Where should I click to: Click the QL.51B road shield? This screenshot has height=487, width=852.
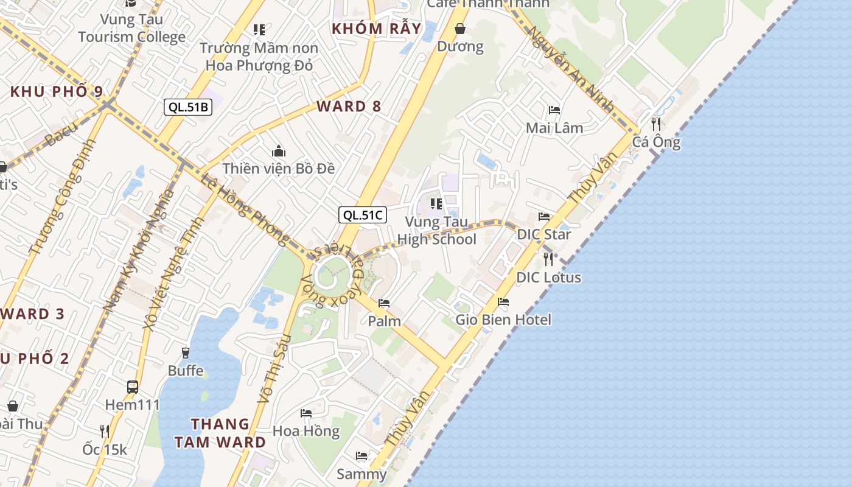point(188,107)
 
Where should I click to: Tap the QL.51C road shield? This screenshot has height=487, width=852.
point(363,214)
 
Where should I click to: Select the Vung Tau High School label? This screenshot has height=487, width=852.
point(436,231)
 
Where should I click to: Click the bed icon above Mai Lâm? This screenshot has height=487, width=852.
point(554,110)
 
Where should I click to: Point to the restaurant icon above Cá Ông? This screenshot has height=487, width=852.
point(655,124)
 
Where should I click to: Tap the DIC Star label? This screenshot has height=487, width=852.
point(543,234)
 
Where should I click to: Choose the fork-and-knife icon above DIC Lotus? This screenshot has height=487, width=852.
point(548,259)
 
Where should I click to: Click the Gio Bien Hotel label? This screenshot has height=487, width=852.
point(503,320)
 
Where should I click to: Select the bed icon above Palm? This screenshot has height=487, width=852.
point(384,303)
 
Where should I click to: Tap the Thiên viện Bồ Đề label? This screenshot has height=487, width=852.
point(278,169)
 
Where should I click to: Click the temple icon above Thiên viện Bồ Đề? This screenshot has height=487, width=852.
point(279,150)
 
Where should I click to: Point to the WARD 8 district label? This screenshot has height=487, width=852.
point(349,107)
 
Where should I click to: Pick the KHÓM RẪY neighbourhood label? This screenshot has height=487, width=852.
point(376,29)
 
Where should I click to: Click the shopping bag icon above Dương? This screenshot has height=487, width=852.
point(461,29)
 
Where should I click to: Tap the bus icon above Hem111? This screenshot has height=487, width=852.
point(132,387)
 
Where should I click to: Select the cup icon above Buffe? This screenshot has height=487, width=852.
point(186,352)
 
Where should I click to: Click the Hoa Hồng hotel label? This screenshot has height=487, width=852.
point(306,431)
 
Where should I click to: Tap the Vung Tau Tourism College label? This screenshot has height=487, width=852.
point(131,28)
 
